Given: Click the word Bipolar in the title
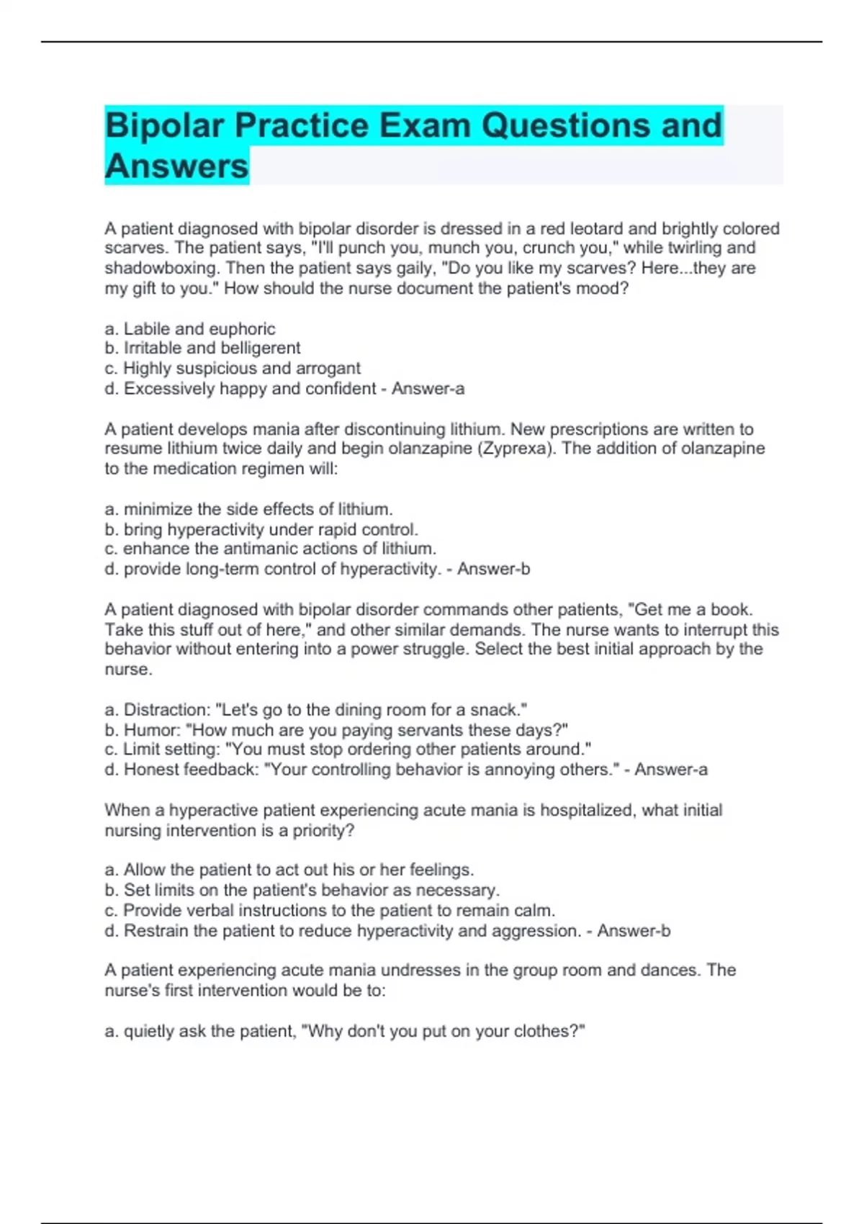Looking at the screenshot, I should pyautogui.click(x=165, y=126).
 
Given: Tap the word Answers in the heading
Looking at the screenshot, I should pyautogui.click(x=176, y=166).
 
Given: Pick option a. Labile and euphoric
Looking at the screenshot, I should pyautogui.click(x=190, y=329).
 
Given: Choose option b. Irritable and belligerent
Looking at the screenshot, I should pyautogui.click(x=202, y=348).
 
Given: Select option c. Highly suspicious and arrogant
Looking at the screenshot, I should pyautogui.click(x=233, y=369).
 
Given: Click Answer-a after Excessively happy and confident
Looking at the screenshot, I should pyautogui.click(x=428, y=389).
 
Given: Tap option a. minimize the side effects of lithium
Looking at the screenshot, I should pyautogui.click(x=248, y=509).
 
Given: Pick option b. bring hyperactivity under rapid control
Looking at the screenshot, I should pyautogui.click(x=261, y=529).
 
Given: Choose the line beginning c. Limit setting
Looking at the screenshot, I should pyautogui.click(x=348, y=750).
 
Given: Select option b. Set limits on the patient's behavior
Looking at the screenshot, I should pyautogui.click(x=302, y=890).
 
